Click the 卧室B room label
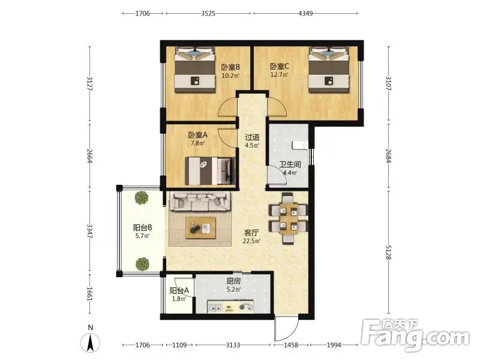[231, 67]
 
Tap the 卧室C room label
[279, 66]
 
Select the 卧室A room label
[198, 134]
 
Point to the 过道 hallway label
[252, 137]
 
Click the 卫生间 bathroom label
[290, 164]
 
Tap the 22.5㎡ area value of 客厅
[251, 241]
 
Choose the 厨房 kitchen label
[233, 281]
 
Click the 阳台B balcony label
[143, 228]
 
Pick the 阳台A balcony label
[179, 290]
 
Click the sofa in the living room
[200, 202]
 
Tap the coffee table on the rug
[200, 228]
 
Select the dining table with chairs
[288, 218]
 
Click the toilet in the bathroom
[299, 145]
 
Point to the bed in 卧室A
[210, 171]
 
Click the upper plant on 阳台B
[142, 198]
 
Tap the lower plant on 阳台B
[142, 264]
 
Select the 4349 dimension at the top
[305, 13]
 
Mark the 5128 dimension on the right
[388, 252]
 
